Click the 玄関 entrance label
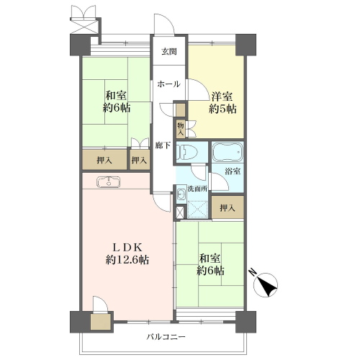[x=169, y=52]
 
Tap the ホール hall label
[x=168, y=84]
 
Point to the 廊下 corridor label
[x=163, y=145]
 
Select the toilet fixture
[x=186, y=152]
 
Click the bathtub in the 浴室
[x=228, y=152]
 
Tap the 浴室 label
[x=233, y=171]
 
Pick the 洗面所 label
[x=197, y=189]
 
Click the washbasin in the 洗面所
[x=179, y=194]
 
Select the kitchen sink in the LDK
[x=109, y=181]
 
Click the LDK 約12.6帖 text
[x=127, y=253]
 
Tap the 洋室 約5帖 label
[x=222, y=103]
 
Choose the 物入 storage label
[x=181, y=129]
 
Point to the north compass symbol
[x=265, y=284]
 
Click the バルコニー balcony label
[x=166, y=337]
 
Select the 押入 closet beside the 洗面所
[x=228, y=208]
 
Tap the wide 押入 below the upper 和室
[x=104, y=160]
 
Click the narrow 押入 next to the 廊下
[x=139, y=160]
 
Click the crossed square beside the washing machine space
[x=180, y=212]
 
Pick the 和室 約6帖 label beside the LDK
[x=210, y=264]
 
